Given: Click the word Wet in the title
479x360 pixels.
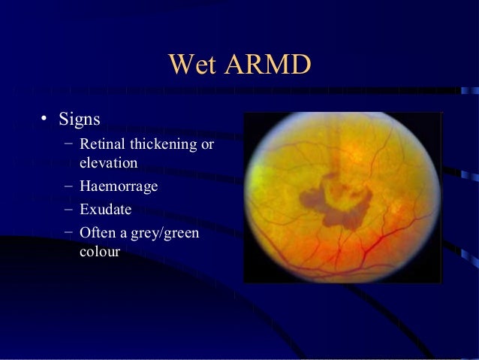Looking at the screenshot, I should pos(194,65).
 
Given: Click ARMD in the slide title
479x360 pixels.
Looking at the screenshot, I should pos(267,65).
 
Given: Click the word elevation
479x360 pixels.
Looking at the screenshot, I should pos(108,162).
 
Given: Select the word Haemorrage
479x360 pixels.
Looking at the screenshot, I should pos(118,187).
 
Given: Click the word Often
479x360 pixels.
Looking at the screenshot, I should pos(98,234).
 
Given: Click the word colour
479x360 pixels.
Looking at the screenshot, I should pos(100,253).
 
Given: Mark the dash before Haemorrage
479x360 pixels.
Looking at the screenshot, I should pos(68,186).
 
